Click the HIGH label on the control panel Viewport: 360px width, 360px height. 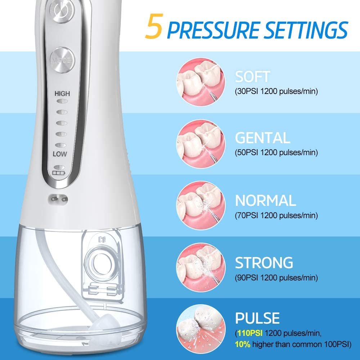pyautogui.click(x=62, y=94)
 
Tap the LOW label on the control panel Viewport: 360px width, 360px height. pyautogui.click(x=60, y=154)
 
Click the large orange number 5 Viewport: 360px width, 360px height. pyautogui.click(x=153, y=28)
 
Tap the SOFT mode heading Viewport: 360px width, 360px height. pyautogui.click(x=252, y=77)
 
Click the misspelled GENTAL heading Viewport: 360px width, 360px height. pyautogui.click(x=262, y=138)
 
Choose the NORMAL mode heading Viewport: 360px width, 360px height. pyautogui.click(x=265, y=201)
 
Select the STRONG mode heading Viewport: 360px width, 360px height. pyautogui.click(x=264, y=263)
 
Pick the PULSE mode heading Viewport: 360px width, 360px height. pyautogui.click(x=257, y=318)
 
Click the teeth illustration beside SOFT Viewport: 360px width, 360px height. pyautogui.click(x=200, y=85)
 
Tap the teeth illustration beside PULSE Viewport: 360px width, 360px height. pyautogui.click(x=200, y=326)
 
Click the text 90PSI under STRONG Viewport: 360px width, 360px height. pyautogui.click(x=247, y=278)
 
